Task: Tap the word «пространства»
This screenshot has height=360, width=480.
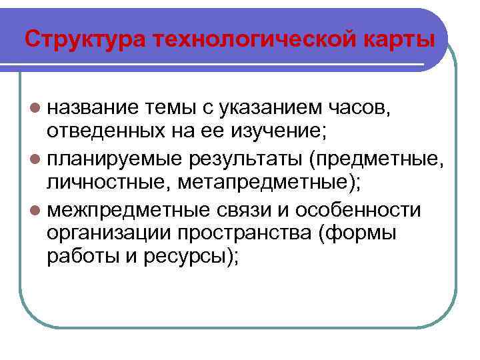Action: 256,235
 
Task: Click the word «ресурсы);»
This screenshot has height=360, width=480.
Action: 189,259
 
